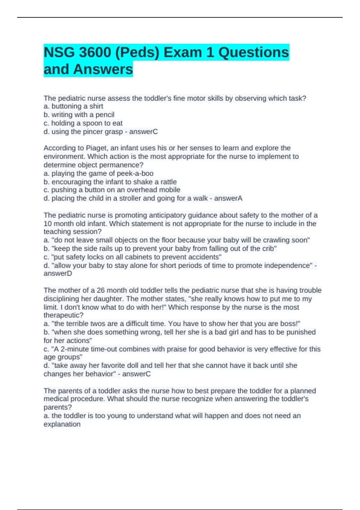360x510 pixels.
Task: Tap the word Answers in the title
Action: pos(103,69)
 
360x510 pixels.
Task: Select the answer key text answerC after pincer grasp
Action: pos(143,132)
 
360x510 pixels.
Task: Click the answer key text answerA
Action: pos(228,198)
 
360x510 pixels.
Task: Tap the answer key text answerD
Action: pos(58,274)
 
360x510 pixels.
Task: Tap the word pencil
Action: pos(105,115)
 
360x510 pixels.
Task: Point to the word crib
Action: pos(268,249)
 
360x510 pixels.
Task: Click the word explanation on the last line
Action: pos(62,424)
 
